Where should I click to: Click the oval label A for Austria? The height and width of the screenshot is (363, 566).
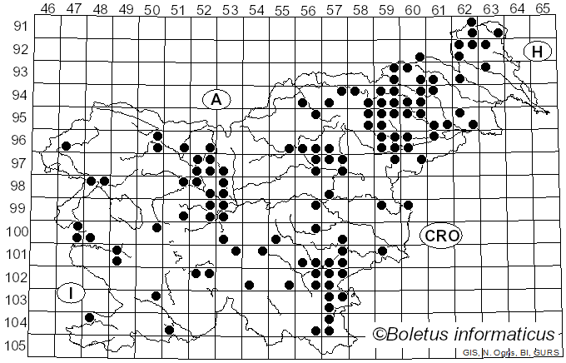point(216,99)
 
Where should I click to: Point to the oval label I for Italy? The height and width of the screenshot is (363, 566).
point(72,293)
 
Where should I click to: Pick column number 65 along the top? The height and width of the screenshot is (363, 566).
point(543,9)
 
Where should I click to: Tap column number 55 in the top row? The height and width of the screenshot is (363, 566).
point(282,9)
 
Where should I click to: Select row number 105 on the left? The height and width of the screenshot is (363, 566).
point(17,346)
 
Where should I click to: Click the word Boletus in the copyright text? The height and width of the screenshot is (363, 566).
point(420,335)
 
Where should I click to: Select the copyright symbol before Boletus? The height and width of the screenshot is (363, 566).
point(380,335)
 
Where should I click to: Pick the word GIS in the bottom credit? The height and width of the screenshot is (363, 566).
point(471,354)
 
